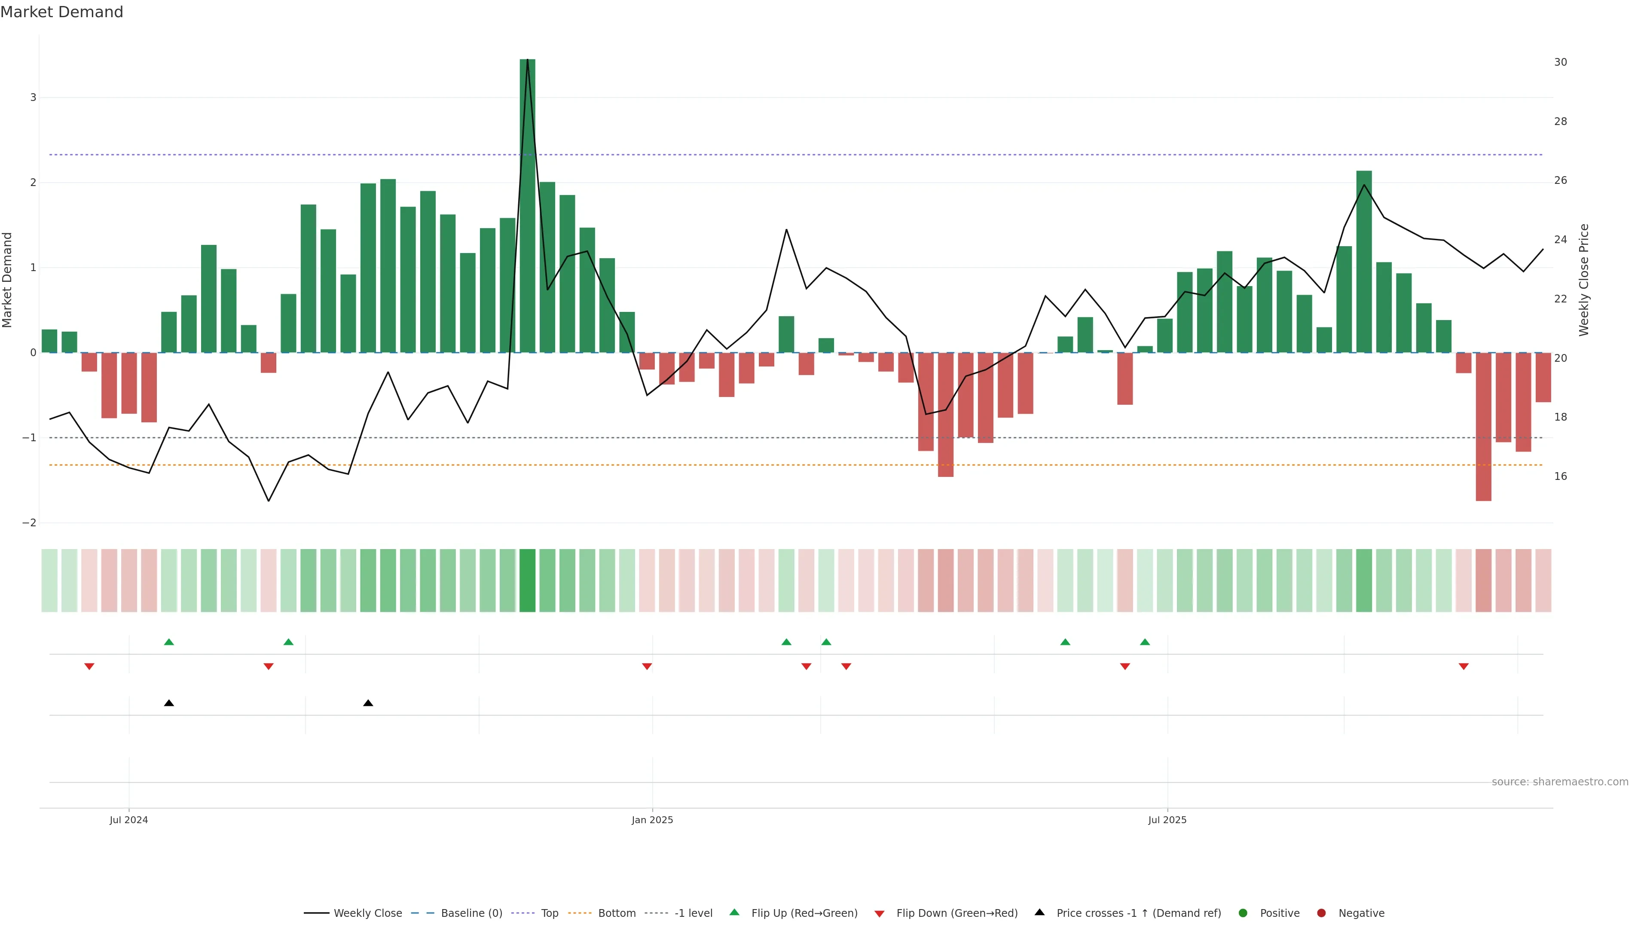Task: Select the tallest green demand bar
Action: pos(527,205)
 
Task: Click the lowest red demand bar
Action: pos(1483,427)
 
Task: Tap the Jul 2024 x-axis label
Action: pos(129,820)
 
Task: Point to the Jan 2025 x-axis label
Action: pos(652,820)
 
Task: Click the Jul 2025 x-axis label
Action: pos(1167,820)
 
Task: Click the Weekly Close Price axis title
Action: pos(1583,280)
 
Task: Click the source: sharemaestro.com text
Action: pos(1560,782)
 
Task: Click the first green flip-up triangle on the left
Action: pos(169,642)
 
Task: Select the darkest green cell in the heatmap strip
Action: pos(527,580)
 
